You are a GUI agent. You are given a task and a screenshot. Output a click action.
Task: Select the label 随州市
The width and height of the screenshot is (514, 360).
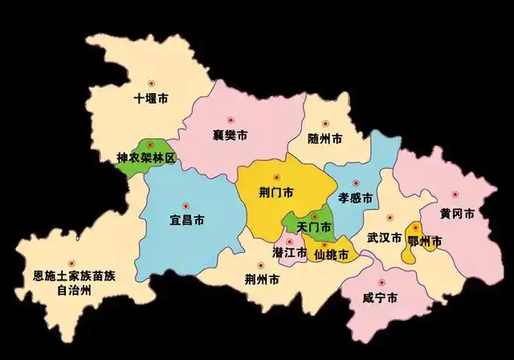pos(325,137)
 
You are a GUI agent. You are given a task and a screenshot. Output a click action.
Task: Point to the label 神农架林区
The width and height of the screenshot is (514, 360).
pos(145,158)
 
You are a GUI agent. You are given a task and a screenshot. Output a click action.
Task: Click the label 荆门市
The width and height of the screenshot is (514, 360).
pos(276,193)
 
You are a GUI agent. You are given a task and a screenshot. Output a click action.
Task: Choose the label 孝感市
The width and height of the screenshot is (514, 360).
pos(354,197)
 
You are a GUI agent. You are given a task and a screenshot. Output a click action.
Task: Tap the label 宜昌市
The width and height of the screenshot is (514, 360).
pos(186,219)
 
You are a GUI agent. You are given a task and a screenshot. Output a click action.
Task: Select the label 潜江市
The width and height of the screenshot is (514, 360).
pos(289,252)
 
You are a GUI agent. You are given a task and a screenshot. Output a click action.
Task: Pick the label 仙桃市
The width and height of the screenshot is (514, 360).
pos(331,255)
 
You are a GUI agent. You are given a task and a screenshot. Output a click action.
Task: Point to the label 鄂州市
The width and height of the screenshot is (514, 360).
pos(425,240)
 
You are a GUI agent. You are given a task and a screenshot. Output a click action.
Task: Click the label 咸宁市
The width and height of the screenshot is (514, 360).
pos(380,298)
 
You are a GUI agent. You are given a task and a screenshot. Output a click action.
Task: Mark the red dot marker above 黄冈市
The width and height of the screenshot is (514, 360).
pos(454,194)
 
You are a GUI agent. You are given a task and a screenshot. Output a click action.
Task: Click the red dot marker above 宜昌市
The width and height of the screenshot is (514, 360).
pos(186,204)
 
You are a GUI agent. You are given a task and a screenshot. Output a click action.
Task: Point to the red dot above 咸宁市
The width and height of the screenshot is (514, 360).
pos(383,282)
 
